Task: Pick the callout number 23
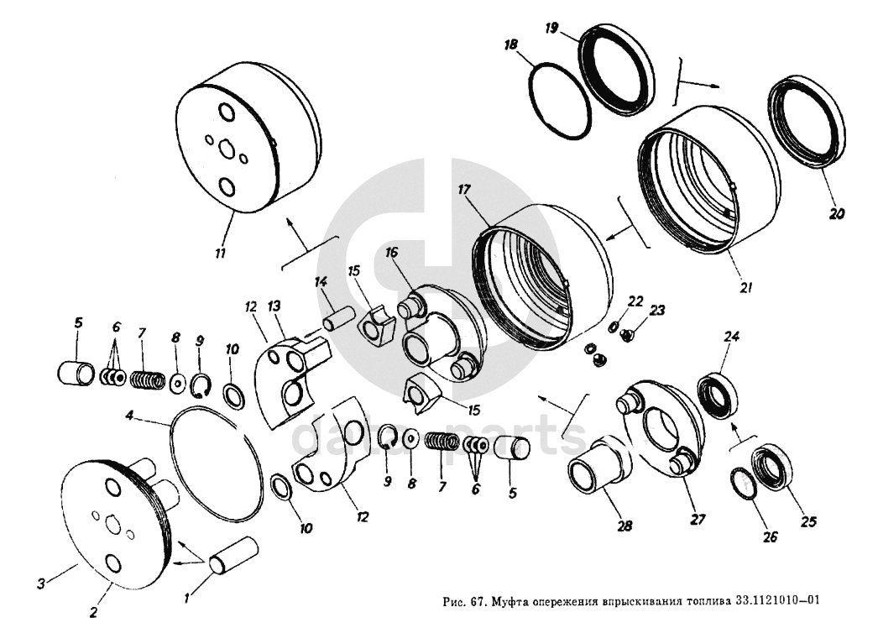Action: pyautogui.click(x=657, y=310)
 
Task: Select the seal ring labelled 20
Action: pyautogui.click(x=809, y=122)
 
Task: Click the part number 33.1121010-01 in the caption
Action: pyautogui.click(x=776, y=601)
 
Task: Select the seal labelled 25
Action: pyautogui.click(x=771, y=471)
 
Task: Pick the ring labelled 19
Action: pyautogui.click(x=615, y=70)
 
